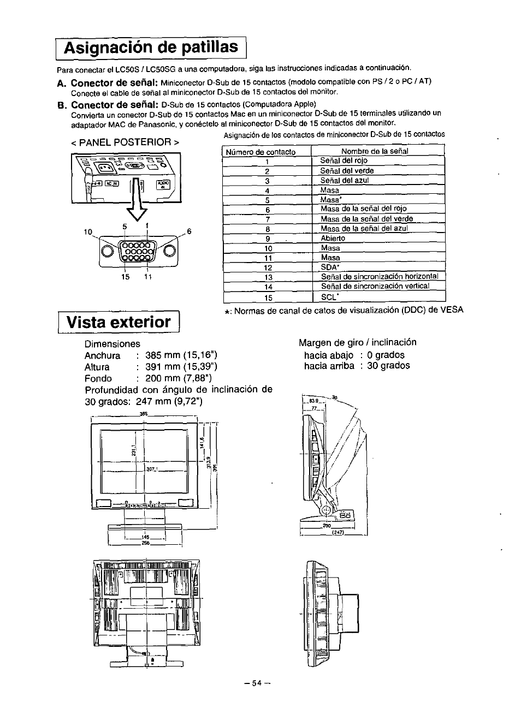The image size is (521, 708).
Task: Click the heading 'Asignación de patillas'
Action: point(151,47)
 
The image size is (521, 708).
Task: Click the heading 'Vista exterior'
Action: point(119,322)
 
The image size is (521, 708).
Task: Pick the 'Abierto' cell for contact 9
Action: point(333,239)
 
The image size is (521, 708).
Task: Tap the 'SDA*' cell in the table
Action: point(330,267)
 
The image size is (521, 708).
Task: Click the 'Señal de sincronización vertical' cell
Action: point(375,286)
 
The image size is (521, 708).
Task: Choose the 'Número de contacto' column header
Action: point(261,152)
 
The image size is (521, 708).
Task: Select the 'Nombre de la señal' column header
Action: point(375,151)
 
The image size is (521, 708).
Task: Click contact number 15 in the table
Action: point(268,298)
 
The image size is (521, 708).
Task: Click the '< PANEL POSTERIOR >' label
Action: point(125,142)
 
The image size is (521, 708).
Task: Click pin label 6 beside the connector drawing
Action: point(190,231)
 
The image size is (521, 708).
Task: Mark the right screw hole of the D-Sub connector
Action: point(168,251)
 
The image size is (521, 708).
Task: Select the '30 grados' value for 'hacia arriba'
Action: point(388,366)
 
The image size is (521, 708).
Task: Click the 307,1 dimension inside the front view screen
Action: point(151,469)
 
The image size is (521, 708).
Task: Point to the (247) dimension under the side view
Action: point(337,533)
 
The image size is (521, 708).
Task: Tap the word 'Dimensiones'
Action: point(112,344)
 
